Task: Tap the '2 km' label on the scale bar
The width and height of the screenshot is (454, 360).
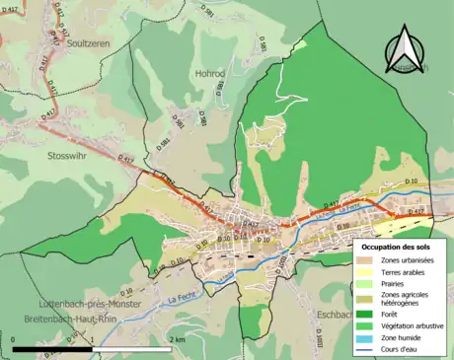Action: click(177, 339)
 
